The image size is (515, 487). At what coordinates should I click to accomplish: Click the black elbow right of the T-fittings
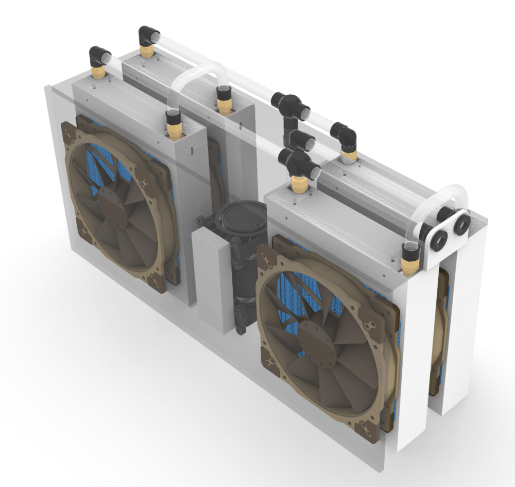click(x=346, y=135)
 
